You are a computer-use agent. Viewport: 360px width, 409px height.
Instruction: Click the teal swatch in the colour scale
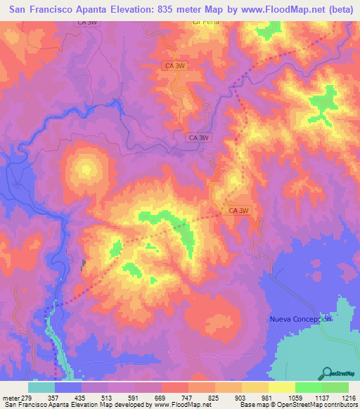click(x=41, y=387)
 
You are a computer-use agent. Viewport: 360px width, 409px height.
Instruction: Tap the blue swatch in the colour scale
click(x=68, y=387)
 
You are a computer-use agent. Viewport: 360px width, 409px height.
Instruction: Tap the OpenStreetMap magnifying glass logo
click(x=327, y=372)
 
